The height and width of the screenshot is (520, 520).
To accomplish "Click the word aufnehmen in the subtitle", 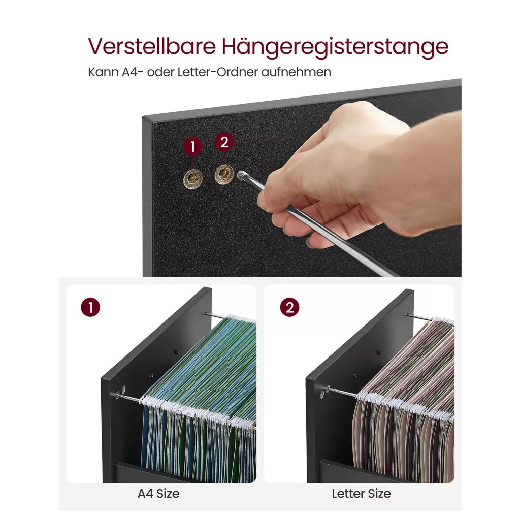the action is point(296,72).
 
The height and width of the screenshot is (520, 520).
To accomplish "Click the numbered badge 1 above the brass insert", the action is point(192,146).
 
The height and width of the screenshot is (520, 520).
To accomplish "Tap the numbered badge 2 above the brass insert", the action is point(224,142).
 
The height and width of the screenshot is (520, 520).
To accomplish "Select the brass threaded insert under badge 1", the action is point(193,179).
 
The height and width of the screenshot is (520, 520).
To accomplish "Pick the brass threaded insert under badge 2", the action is point(224,174).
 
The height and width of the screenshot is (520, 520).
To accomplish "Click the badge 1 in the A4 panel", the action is point(90,307).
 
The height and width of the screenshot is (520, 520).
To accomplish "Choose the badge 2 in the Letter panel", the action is point(289,307).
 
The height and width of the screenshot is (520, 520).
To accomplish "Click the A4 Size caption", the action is point(158,494).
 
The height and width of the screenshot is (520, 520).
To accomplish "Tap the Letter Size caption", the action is point(362,494).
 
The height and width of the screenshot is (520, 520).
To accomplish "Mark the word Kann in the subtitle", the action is point(103,72).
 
